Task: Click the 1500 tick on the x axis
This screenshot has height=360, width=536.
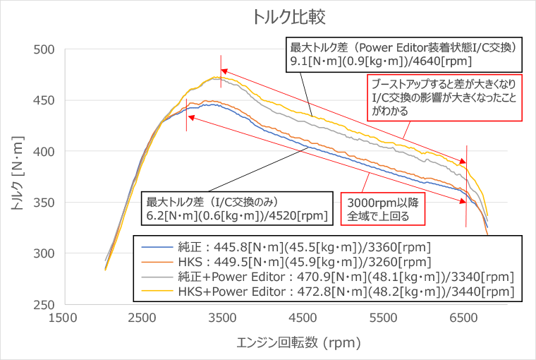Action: (x=65, y=318)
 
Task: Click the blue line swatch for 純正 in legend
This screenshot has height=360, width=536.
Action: (x=156, y=247)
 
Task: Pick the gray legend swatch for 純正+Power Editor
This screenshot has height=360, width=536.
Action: (x=156, y=277)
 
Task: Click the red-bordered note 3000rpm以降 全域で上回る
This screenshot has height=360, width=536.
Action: (x=382, y=210)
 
